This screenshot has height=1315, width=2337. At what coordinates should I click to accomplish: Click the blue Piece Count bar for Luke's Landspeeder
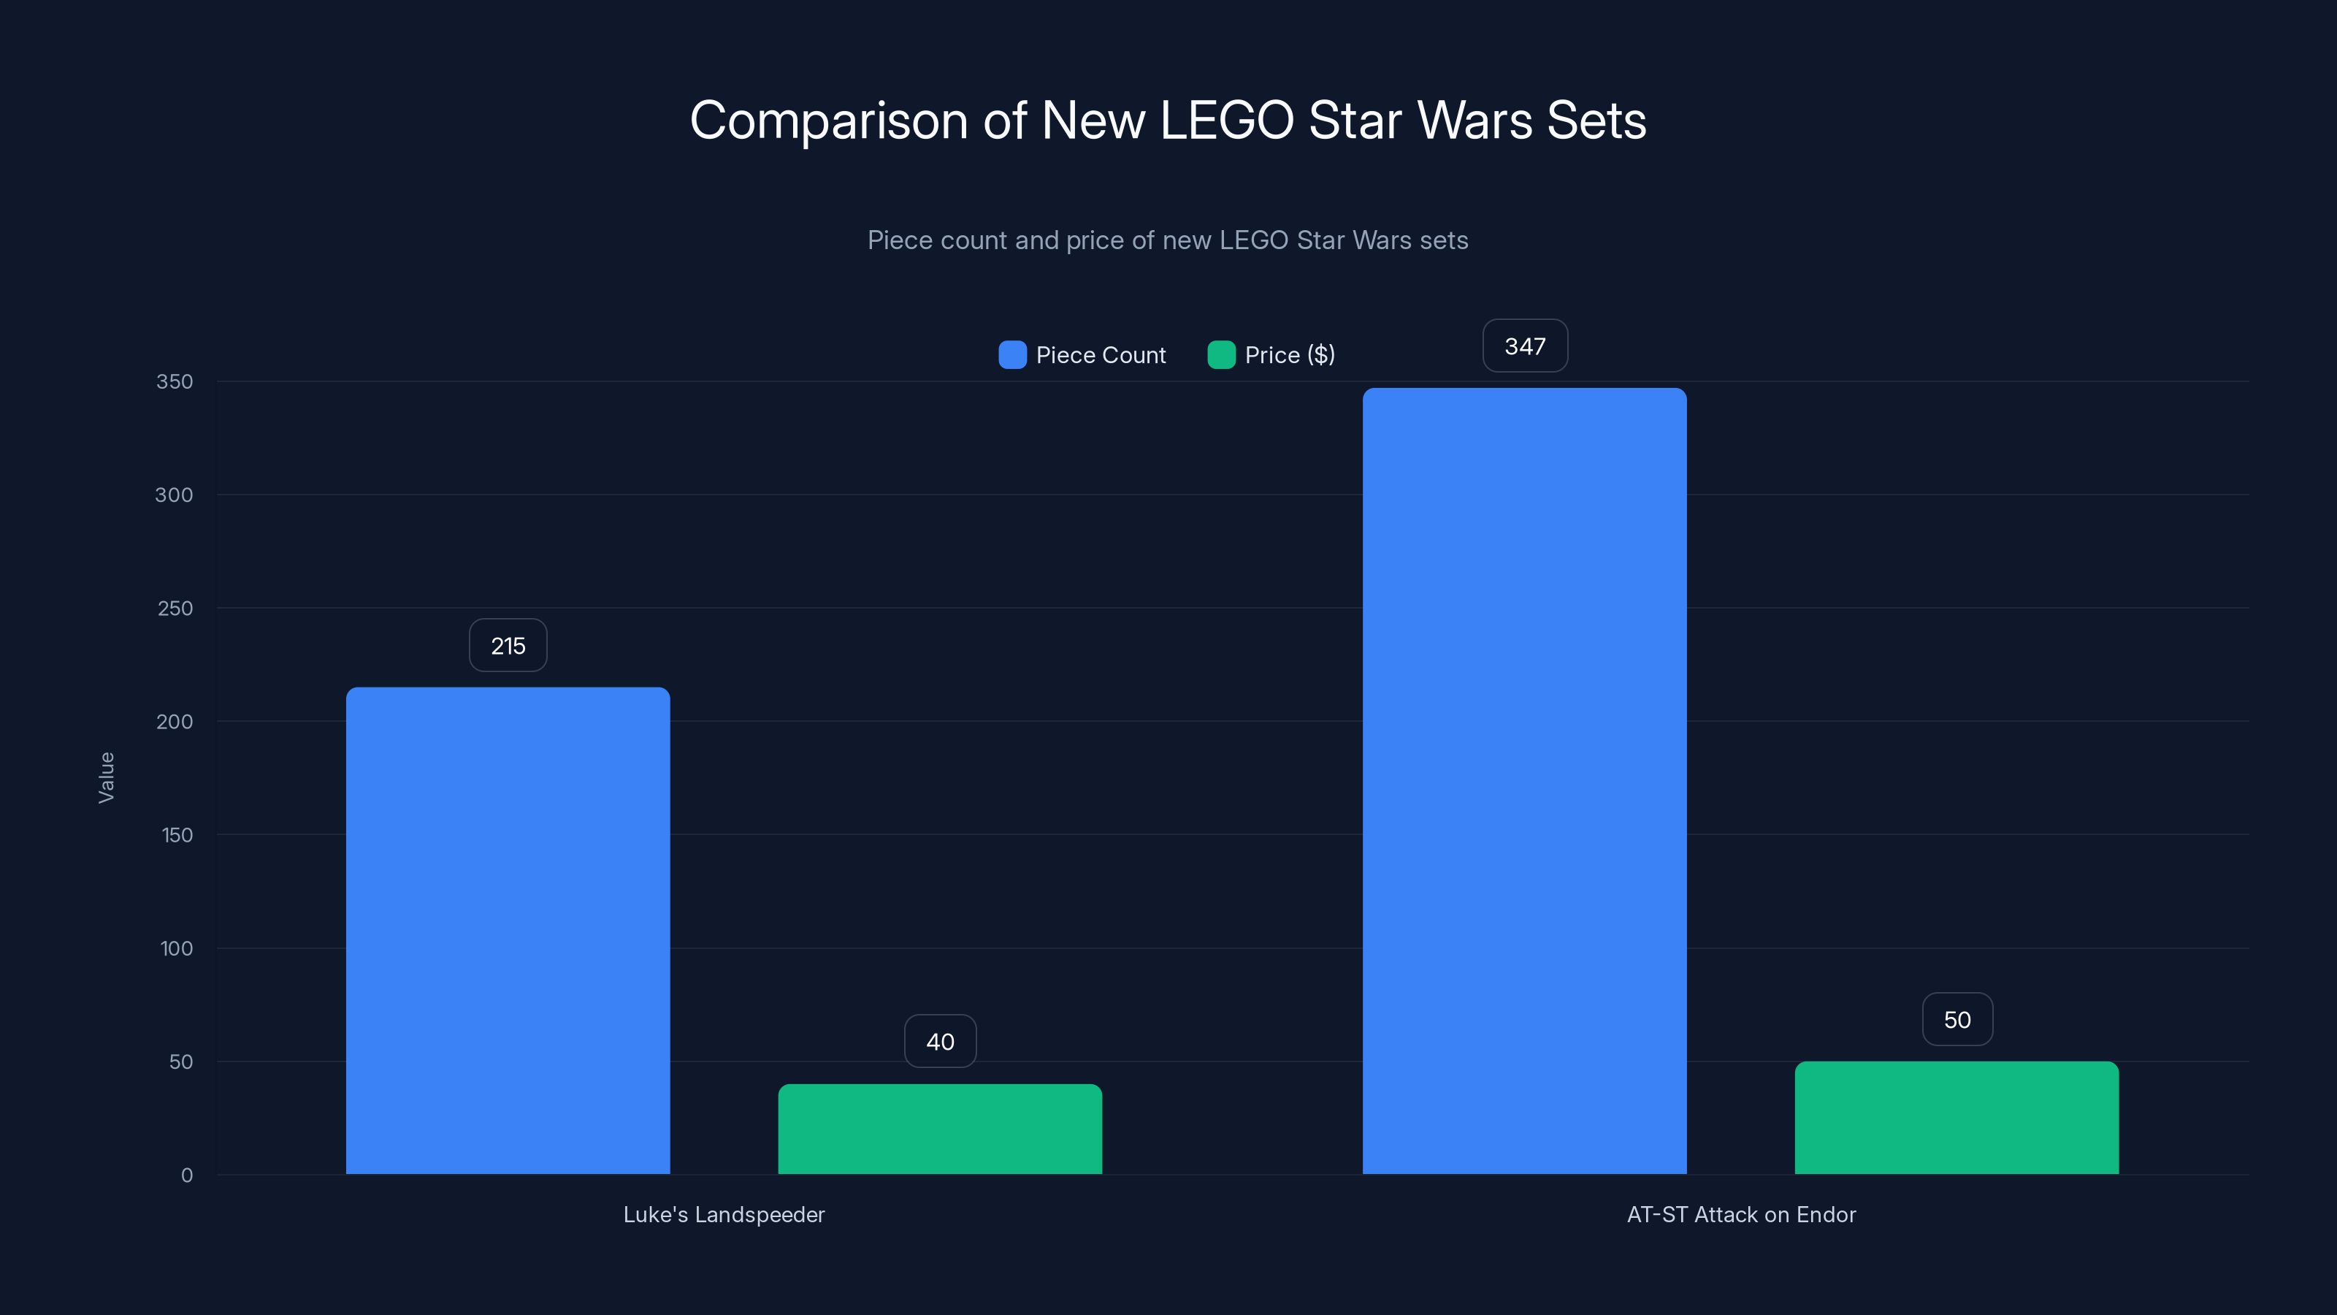508,930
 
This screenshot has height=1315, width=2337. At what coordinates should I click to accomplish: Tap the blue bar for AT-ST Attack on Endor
1524,780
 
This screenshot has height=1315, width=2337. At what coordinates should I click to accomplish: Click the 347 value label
1525,346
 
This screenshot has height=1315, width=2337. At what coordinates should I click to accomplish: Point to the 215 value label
508,645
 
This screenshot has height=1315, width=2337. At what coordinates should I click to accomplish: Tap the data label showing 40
940,1041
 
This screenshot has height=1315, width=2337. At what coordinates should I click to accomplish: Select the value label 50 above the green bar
1957,1019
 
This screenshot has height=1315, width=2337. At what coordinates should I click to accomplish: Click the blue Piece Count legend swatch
1012,355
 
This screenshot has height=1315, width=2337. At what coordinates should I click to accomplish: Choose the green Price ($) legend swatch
1221,355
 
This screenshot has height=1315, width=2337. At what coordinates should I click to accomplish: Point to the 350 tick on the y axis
175,381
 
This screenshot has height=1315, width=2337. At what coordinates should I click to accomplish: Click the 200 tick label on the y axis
175,722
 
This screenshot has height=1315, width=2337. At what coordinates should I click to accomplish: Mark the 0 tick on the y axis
187,1175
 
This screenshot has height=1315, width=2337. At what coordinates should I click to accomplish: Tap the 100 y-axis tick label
176,948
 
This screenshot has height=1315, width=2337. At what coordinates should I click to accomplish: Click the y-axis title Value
106,777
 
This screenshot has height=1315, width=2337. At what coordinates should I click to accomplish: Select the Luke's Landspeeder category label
724,1214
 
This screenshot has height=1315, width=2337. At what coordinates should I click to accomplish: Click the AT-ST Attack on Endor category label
1741,1214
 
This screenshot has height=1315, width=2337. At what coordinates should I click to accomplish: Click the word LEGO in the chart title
1227,120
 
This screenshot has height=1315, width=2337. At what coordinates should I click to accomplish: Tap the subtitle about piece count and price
1168,240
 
